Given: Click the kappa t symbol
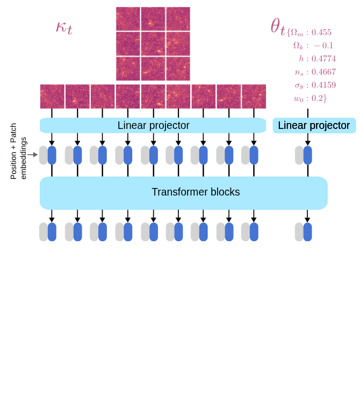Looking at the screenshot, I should [64, 27].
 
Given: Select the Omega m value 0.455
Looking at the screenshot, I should [321, 32].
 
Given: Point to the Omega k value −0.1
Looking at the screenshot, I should [323, 46].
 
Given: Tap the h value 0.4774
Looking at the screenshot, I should [323, 59].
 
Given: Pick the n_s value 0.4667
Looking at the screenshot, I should [323, 72].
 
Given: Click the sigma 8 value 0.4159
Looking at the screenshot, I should [323, 85].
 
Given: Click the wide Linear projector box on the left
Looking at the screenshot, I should [153, 125].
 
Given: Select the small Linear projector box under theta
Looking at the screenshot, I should [314, 125].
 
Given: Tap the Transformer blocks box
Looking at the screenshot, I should [184, 192].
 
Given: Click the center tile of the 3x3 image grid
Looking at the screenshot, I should [153, 44].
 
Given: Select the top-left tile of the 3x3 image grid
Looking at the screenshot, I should [128, 19].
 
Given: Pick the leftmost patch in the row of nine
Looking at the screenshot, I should [52, 96].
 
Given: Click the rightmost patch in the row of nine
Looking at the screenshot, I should [254, 96].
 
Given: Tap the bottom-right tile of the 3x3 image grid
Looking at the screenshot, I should [178, 68].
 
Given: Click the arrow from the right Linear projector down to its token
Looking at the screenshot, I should [308, 139].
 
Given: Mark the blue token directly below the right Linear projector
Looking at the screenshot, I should [308, 155].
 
